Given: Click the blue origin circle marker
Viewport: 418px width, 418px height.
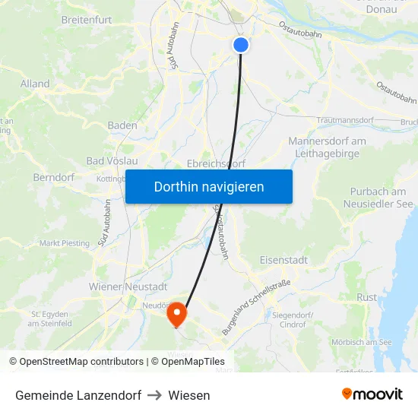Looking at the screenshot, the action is tap(241, 45).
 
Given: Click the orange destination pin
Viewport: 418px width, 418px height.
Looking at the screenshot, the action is tap(176, 313).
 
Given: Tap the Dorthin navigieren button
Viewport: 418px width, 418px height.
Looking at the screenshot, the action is tap(209, 186).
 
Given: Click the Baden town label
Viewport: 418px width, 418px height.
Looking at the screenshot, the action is tap(122, 125).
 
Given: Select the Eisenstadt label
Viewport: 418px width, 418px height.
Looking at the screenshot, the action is tap(283, 260).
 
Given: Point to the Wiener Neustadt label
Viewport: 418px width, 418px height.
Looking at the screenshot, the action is tap(128, 287).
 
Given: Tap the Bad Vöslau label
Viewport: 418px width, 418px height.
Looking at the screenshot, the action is tap(112, 161).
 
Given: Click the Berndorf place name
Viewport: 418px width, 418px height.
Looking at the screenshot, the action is tap(52, 177).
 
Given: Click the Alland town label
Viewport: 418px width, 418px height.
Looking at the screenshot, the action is tap(35, 84).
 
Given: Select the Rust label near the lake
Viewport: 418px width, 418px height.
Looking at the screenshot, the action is tap(366, 297).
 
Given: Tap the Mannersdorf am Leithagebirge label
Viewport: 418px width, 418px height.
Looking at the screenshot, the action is tap(327, 147).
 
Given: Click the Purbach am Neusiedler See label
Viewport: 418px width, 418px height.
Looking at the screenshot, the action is tap(378, 198).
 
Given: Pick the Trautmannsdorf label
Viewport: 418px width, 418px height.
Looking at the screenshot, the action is tap(345, 120).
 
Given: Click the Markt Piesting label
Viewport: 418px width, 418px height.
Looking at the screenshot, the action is tap(65, 243).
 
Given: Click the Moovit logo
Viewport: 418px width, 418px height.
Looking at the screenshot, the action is tap(372, 394).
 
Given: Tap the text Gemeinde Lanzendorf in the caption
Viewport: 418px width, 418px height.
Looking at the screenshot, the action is tap(78, 395).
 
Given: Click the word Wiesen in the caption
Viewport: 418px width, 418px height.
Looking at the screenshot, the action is tap(189, 395).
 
